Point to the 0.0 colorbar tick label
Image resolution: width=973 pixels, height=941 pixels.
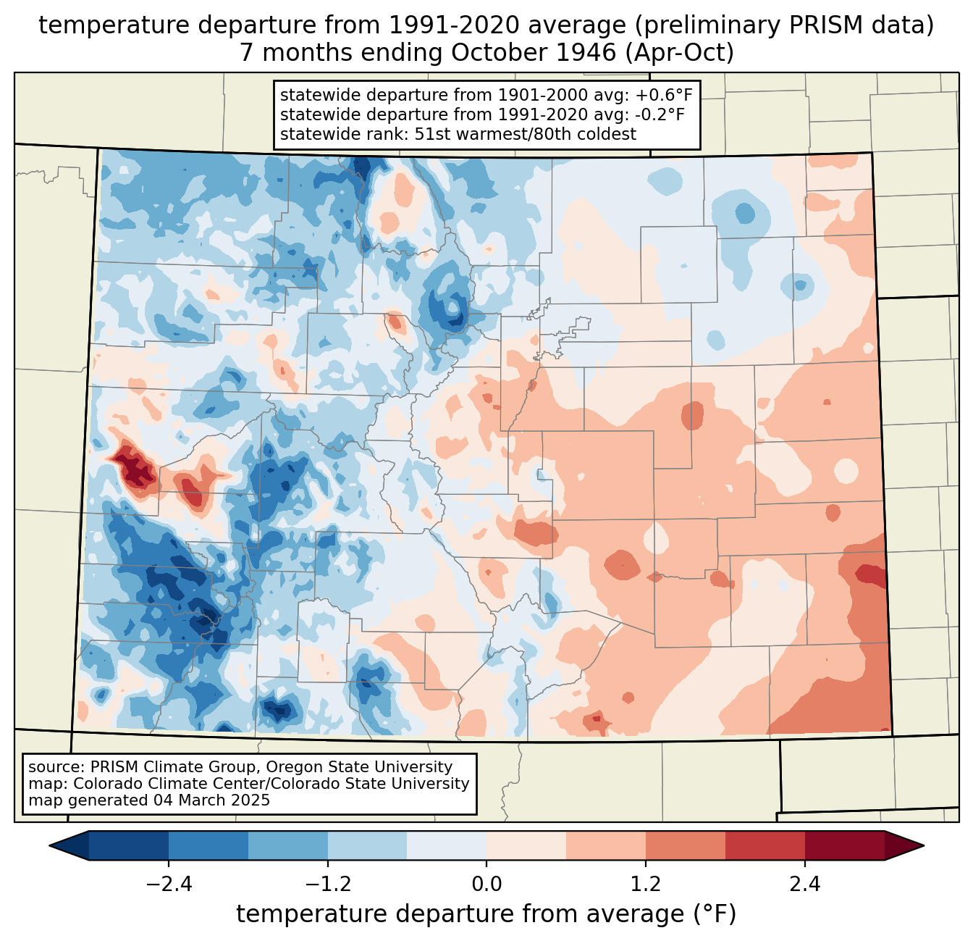[x=486, y=884]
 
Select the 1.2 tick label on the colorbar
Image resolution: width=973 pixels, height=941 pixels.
[x=646, y=884]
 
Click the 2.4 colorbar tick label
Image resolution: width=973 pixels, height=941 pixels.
[x=804, y=884]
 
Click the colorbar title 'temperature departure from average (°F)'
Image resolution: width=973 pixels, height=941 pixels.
[x=486, y=914]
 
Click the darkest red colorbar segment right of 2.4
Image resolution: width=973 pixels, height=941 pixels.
[x=844, y=845]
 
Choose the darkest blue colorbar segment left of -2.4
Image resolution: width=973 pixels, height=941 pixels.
[x=129, y=845]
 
